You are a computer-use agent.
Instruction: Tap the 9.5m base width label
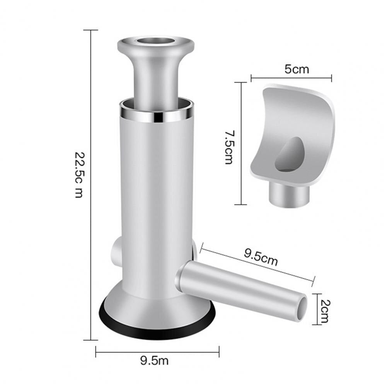[155, 361]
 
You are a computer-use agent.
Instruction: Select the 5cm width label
[297, 69]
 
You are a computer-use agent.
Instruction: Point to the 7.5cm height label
[229, 148]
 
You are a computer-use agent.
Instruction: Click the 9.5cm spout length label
[261, 257]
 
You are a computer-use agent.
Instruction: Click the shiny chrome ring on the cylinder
[157, 116]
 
